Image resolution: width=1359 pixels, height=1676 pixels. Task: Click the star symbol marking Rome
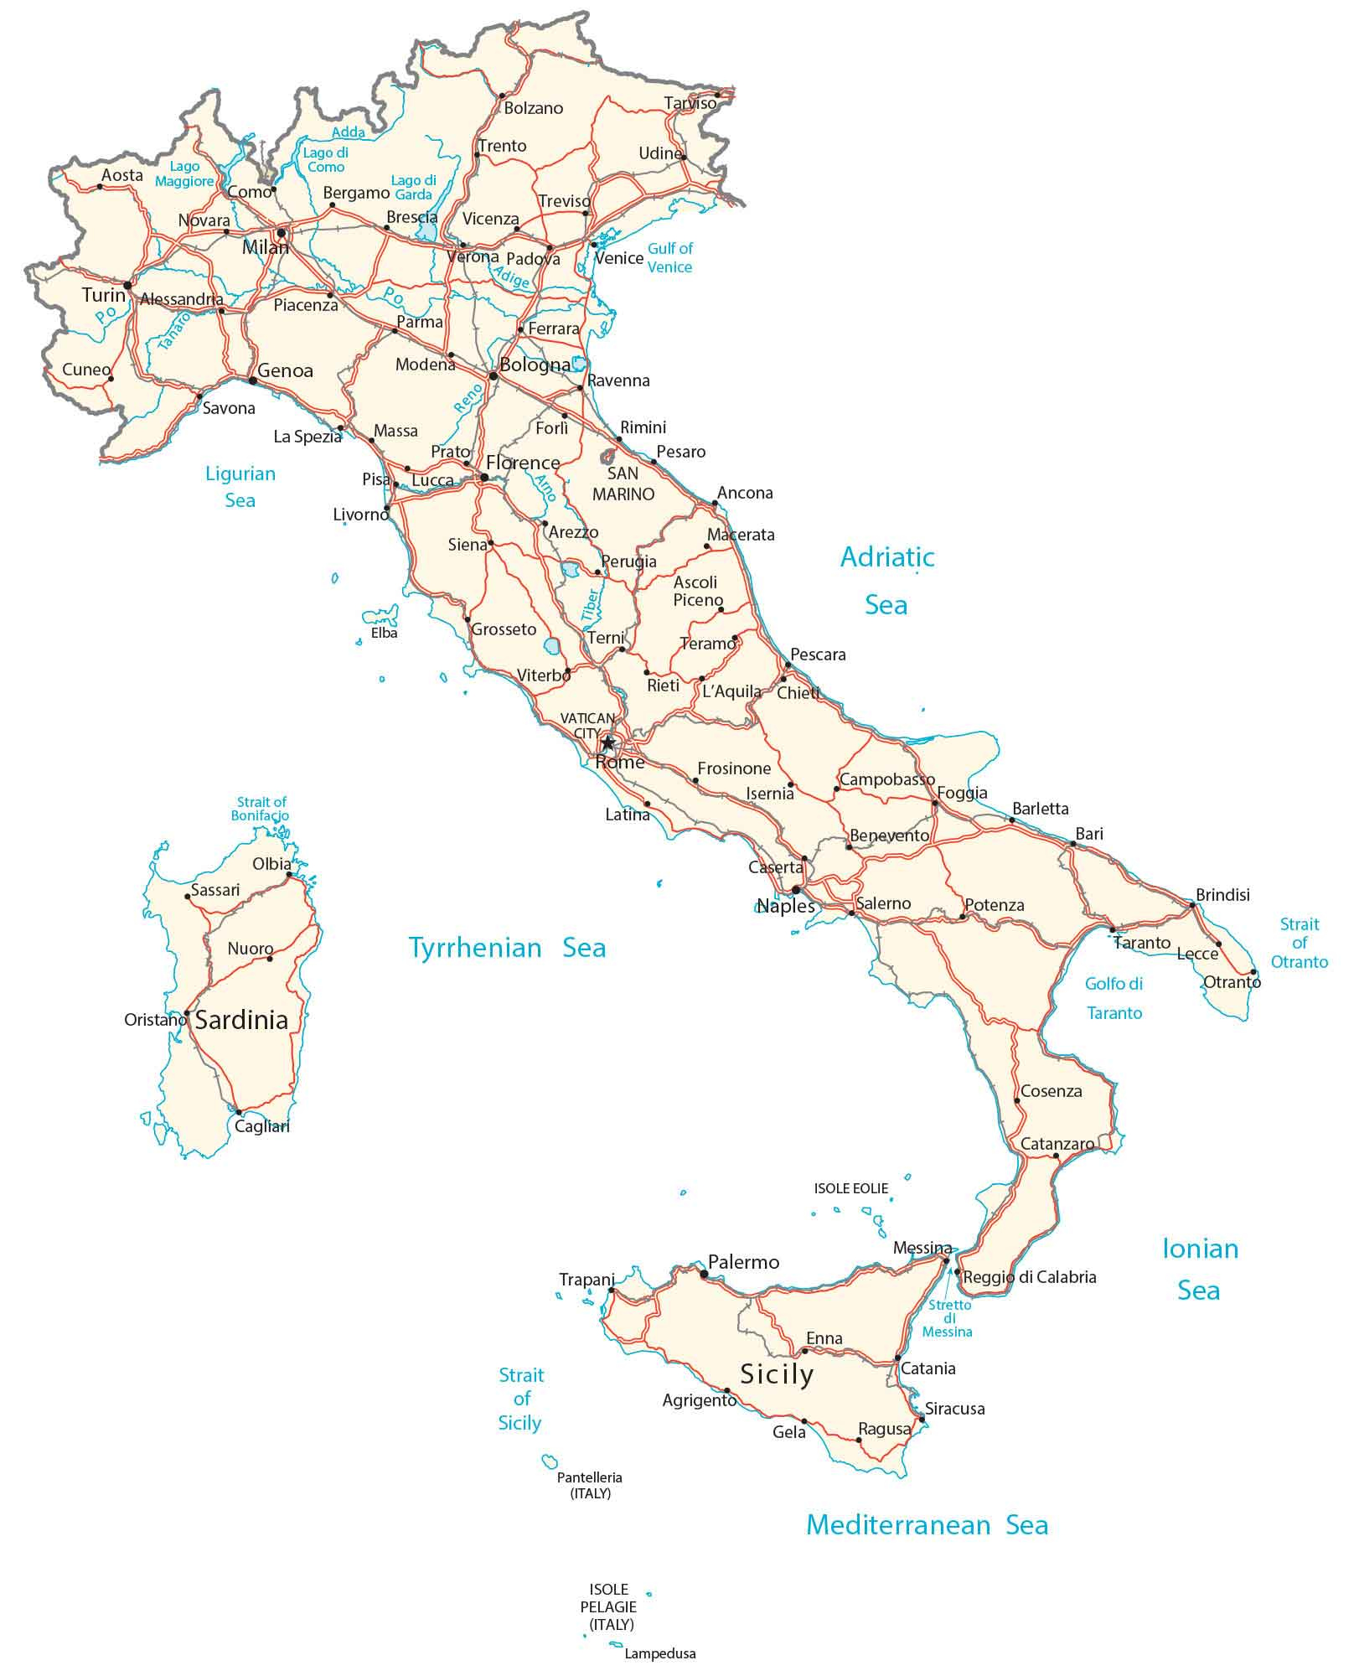[x=607, y=743]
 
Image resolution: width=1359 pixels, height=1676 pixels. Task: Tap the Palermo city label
[x=743, y=1262]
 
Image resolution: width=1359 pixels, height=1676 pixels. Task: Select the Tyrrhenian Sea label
[x=507, y=948]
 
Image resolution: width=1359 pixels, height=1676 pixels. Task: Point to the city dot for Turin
[x=127, y=286]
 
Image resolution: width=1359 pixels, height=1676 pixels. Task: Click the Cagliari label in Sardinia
[x=262, y=1127]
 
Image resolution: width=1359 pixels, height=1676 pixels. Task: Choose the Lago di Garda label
[x=414, y=188]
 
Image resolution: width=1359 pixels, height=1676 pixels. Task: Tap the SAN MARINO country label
[x=623, y=484]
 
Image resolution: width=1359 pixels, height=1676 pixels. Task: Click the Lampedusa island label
[x=660, y=1654]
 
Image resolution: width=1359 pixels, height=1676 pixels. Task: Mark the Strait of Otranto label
[x=1300, y=943]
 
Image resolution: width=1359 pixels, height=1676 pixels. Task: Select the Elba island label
[x=385, y=634]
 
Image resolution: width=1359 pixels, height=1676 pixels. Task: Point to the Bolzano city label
[x=534, y=108]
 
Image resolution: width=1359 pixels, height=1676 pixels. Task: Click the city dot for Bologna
[x=493, y=376]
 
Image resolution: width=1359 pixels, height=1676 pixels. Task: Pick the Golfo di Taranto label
[x=1114, y=998]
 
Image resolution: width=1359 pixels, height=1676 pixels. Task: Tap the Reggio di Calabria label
[x=1030, y=1277]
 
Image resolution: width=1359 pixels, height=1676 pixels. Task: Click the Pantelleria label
[x=590, y=1478]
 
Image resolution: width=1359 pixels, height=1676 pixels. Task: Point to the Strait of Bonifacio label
[x=261, y=809]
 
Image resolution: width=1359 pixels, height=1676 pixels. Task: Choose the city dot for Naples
[x=796, y=890]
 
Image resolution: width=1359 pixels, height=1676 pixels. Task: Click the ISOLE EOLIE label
[x=851, y=1188]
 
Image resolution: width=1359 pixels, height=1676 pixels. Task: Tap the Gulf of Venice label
[x=669, y=257]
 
